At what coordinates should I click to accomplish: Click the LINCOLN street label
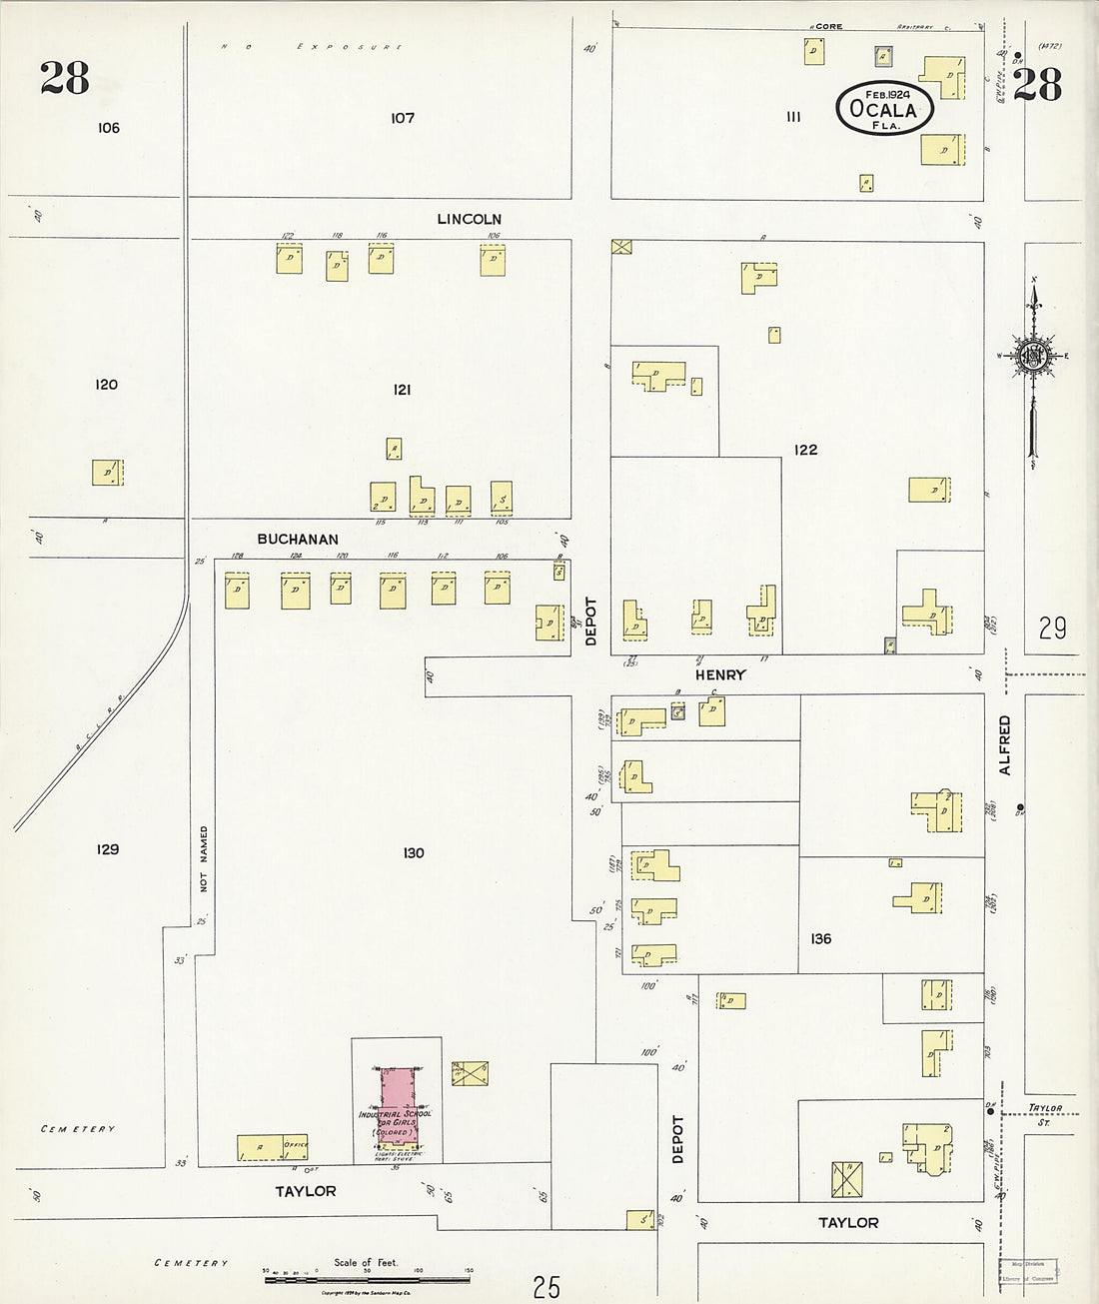click(469, 219)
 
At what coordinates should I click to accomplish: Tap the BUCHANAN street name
click(298, 540)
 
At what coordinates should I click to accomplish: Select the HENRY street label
click(720, 675)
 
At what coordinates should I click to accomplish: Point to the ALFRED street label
click(1005, 744)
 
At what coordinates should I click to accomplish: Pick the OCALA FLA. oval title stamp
click(885, 109)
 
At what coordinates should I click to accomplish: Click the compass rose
click(1033, 357)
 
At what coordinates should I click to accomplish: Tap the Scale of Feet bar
click(367, 1278)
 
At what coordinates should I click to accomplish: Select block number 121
click(402, 390)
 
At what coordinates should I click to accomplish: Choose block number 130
click(414, 852)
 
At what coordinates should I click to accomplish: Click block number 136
click(820, 938)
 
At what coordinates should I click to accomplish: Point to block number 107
click(403, 118)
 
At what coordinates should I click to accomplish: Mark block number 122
click(805, 450)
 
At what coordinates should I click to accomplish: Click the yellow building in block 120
click(107, 473)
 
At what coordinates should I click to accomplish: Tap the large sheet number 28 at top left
click(65, 78)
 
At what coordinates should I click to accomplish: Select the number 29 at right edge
click(1052, 629)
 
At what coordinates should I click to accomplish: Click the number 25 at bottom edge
click(547, 1287)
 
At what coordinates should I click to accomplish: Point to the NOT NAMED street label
click(204, 858)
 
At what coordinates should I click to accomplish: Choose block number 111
click(793, 117)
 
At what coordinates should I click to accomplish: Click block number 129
click(108, 849)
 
